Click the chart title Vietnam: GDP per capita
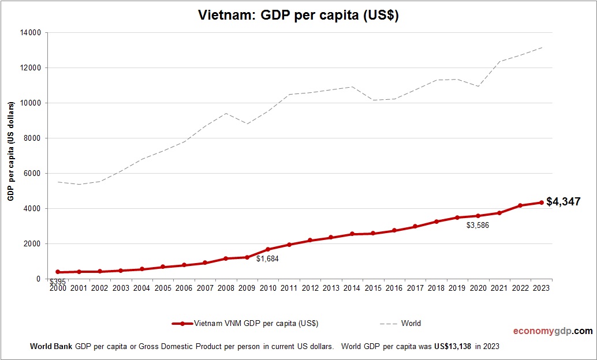pos(298,16)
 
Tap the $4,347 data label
pos(563,202)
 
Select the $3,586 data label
pos(477,226)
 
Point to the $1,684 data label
pos(267,259)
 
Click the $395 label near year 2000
pos(57,282)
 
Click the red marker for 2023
pos(541,202)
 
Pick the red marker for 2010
pos(268,250)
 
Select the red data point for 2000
pos(58,272)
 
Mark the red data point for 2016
pos(394,231)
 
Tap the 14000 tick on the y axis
pos(31,33)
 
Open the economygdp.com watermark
pos(553,331)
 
